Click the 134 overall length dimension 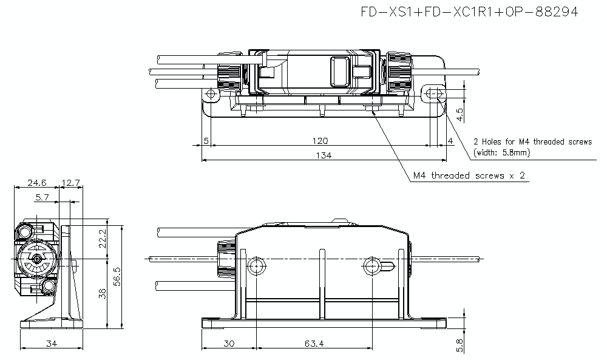coord(324,155)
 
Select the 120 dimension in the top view coord(320,141)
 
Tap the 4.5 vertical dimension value coord(459,113)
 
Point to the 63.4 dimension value coord(314,344)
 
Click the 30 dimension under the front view coord(229,344)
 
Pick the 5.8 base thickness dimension coord(459,345)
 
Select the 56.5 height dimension coord(117,277)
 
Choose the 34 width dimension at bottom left coord(51,344)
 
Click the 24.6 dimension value coord(36,182)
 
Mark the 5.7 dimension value coord(42,197)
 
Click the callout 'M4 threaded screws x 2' coord(469,175)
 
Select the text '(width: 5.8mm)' coord(501,153)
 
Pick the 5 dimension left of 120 coord(206,141)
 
